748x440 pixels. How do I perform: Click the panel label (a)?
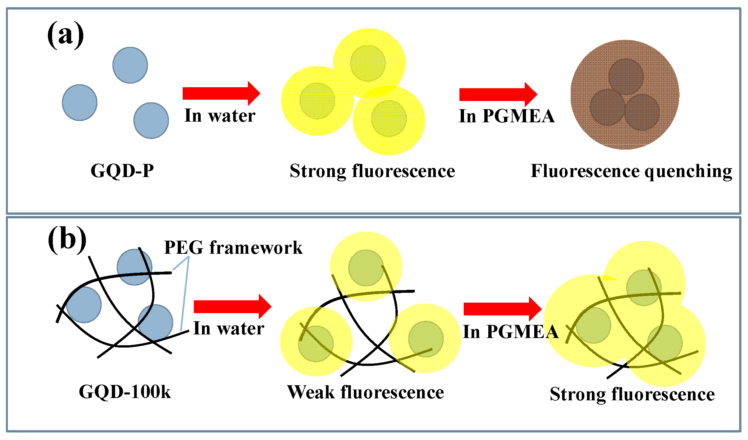pos(65,35)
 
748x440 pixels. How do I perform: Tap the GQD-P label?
pos(122,171)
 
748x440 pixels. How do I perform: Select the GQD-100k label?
pos(125,392)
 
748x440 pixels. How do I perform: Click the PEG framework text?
pos(233,247)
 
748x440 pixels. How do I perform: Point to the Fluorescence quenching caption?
pos(631,171)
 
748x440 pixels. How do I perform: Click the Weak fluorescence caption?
pos(365,392)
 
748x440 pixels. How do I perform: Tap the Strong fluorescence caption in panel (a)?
pos(372,171)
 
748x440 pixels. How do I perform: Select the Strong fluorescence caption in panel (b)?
pos(632,394)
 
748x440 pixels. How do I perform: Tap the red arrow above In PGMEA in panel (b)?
pos(502,309)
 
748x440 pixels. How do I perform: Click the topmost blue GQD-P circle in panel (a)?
pos(130,65)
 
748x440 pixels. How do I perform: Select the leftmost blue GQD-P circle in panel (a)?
pos(80,103)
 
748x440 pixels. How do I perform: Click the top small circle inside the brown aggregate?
pos(626,76)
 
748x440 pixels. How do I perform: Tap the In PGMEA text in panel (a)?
pos(506,116)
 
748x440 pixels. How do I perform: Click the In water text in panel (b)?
pos(229,329)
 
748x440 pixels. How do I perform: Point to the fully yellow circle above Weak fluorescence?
pos(425,339)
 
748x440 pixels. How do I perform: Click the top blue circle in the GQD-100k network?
pos(134,267)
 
